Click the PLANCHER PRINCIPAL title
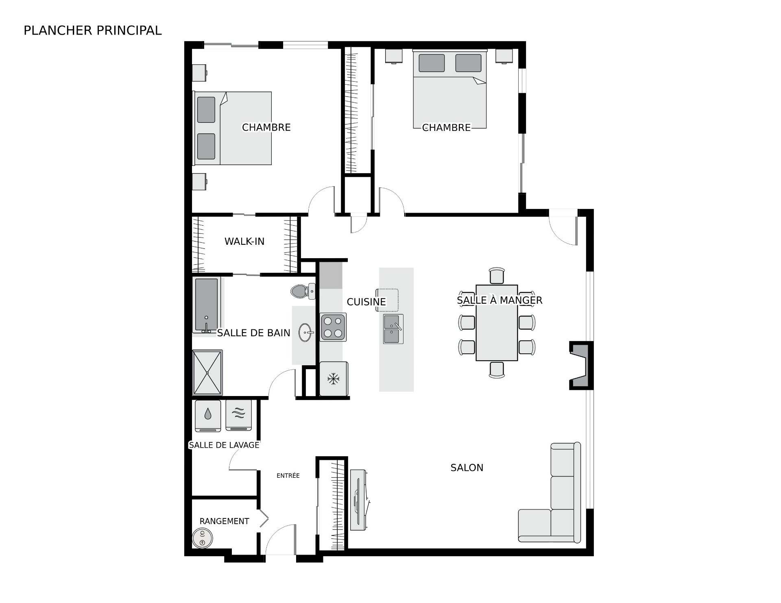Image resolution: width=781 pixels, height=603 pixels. point(93,30)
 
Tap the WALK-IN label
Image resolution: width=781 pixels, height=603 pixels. point(244,242)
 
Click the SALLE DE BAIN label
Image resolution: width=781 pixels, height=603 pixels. point(253,333)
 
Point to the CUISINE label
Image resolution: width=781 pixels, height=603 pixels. point(366,302)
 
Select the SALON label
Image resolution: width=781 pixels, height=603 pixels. point(467,468)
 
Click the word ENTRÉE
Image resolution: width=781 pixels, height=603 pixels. point(288,475)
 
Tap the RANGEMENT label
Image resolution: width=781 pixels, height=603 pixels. point(224,521)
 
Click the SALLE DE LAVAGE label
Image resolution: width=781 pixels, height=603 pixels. point(224,445)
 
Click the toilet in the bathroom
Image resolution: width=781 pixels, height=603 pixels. point(303,291)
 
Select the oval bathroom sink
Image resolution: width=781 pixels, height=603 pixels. point(306,333)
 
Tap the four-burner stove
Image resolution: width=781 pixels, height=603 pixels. point(333,327)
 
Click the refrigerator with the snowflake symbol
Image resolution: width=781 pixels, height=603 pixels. point(334,379)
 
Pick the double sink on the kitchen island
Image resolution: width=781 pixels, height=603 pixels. point(393,329)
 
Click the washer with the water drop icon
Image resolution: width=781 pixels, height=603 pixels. point(208,416)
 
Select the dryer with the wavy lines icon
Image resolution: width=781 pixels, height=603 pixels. point(239,416)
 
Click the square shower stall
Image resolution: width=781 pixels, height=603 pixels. point(207,372)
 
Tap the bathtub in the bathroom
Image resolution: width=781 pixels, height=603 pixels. point(207,305)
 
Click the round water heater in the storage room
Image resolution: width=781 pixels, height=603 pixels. point(203,538)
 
